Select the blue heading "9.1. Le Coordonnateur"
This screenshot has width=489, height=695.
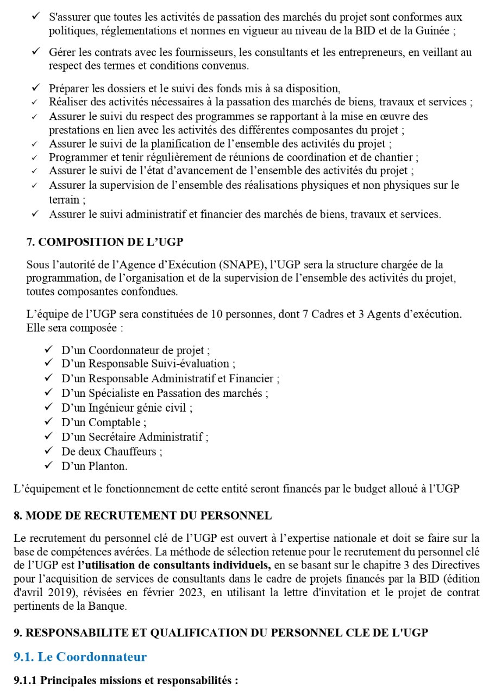point(80,657)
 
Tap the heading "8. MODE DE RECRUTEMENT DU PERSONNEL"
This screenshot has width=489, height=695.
point(142,515)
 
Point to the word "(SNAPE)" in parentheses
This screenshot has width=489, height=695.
point(242,265)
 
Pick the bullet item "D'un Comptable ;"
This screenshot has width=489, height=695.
point(103,422)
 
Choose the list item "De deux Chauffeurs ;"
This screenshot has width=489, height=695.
point(111,451)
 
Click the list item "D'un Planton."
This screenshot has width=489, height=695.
point(95,466)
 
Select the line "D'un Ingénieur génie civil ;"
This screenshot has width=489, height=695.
point(127,407)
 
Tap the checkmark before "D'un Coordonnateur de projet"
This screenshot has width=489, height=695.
point(48,349)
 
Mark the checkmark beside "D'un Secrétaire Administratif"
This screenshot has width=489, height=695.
point(48,436)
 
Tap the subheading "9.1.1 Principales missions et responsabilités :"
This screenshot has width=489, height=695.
point(126,680)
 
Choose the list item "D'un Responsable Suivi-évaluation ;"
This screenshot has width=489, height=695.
point(148,363)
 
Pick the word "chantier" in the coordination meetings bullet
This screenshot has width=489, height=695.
point(397,157)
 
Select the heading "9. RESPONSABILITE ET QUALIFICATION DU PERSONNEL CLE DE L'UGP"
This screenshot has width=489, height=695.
point(221,633)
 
